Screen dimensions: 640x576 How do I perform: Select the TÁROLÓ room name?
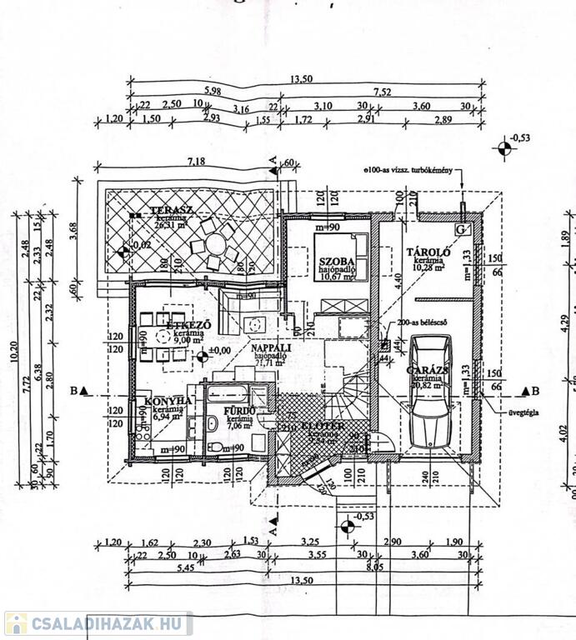pyautogui.click(x=428, y=252)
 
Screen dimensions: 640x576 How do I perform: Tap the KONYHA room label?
pyautogui.click(x=168, y=401)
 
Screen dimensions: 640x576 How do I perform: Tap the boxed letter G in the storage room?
pyautogui.click(x=462, y=227)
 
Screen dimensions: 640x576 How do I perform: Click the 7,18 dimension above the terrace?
pyautogui.click(x=197, y=160)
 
